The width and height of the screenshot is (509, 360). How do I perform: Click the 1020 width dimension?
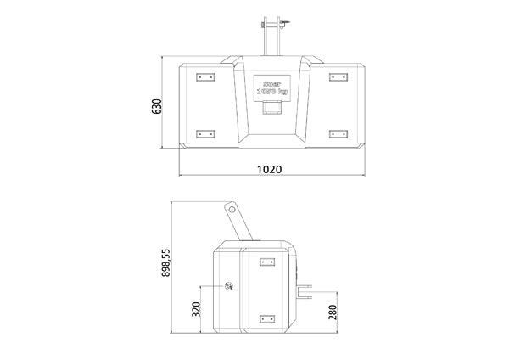coord(268,169)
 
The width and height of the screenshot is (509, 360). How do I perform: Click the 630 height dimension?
coord(155,107)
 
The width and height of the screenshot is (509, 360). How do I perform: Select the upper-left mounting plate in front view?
coord(204,77)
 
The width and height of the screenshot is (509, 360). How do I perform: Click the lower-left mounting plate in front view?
coord(204,133)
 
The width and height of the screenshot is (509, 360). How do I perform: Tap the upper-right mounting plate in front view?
coord(336,77)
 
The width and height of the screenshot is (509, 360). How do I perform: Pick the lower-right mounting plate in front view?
coord(336,133)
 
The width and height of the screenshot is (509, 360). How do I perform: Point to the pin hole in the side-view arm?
coord(229,208)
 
